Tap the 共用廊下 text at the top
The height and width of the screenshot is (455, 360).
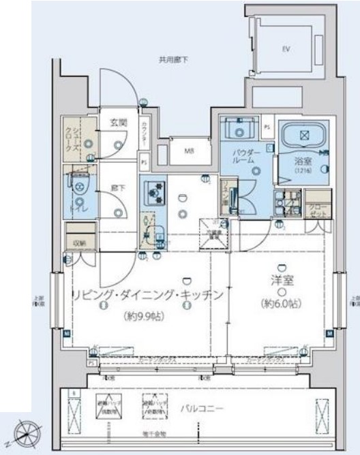tap(173, 60)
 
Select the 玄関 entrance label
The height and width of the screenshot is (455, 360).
tap(119, 123)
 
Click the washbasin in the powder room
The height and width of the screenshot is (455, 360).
tap(239, 129)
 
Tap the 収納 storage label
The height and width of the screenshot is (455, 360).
tap(80, 242)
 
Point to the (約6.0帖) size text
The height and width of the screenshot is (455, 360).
tap(281, 303)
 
